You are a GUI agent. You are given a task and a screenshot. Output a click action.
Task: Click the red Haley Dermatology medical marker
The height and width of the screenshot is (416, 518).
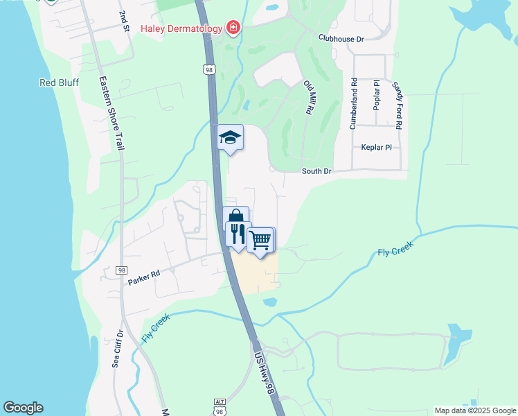coord(233,28)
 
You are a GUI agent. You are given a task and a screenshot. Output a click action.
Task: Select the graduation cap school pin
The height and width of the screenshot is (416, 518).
coord(230,137)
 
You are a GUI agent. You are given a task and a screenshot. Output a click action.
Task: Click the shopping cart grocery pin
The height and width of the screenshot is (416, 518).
coord(260,240)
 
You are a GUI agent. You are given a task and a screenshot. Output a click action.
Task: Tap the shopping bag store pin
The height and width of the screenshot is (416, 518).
coord(235,216)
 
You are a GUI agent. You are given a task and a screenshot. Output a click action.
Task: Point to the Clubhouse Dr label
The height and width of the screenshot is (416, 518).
coord(341,40)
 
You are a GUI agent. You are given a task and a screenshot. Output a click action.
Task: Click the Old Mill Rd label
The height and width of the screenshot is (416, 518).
coord(310,97)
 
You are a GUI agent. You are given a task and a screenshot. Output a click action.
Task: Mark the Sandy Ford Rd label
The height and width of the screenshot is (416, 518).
coord(398,105)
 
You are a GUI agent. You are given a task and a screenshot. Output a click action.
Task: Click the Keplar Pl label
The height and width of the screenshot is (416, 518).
coord(376,148)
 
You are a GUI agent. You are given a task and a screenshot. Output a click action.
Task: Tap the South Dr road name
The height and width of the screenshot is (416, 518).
coord(316,171)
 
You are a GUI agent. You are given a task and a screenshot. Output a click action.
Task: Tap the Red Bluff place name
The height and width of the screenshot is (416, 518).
coord(59,83)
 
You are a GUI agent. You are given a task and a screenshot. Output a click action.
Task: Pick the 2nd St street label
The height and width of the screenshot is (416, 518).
coord(124,21)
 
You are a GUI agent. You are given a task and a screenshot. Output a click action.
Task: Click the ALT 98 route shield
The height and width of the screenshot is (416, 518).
coord(220,407)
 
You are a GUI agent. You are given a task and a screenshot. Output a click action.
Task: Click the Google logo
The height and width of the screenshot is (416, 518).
coord(23,408)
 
